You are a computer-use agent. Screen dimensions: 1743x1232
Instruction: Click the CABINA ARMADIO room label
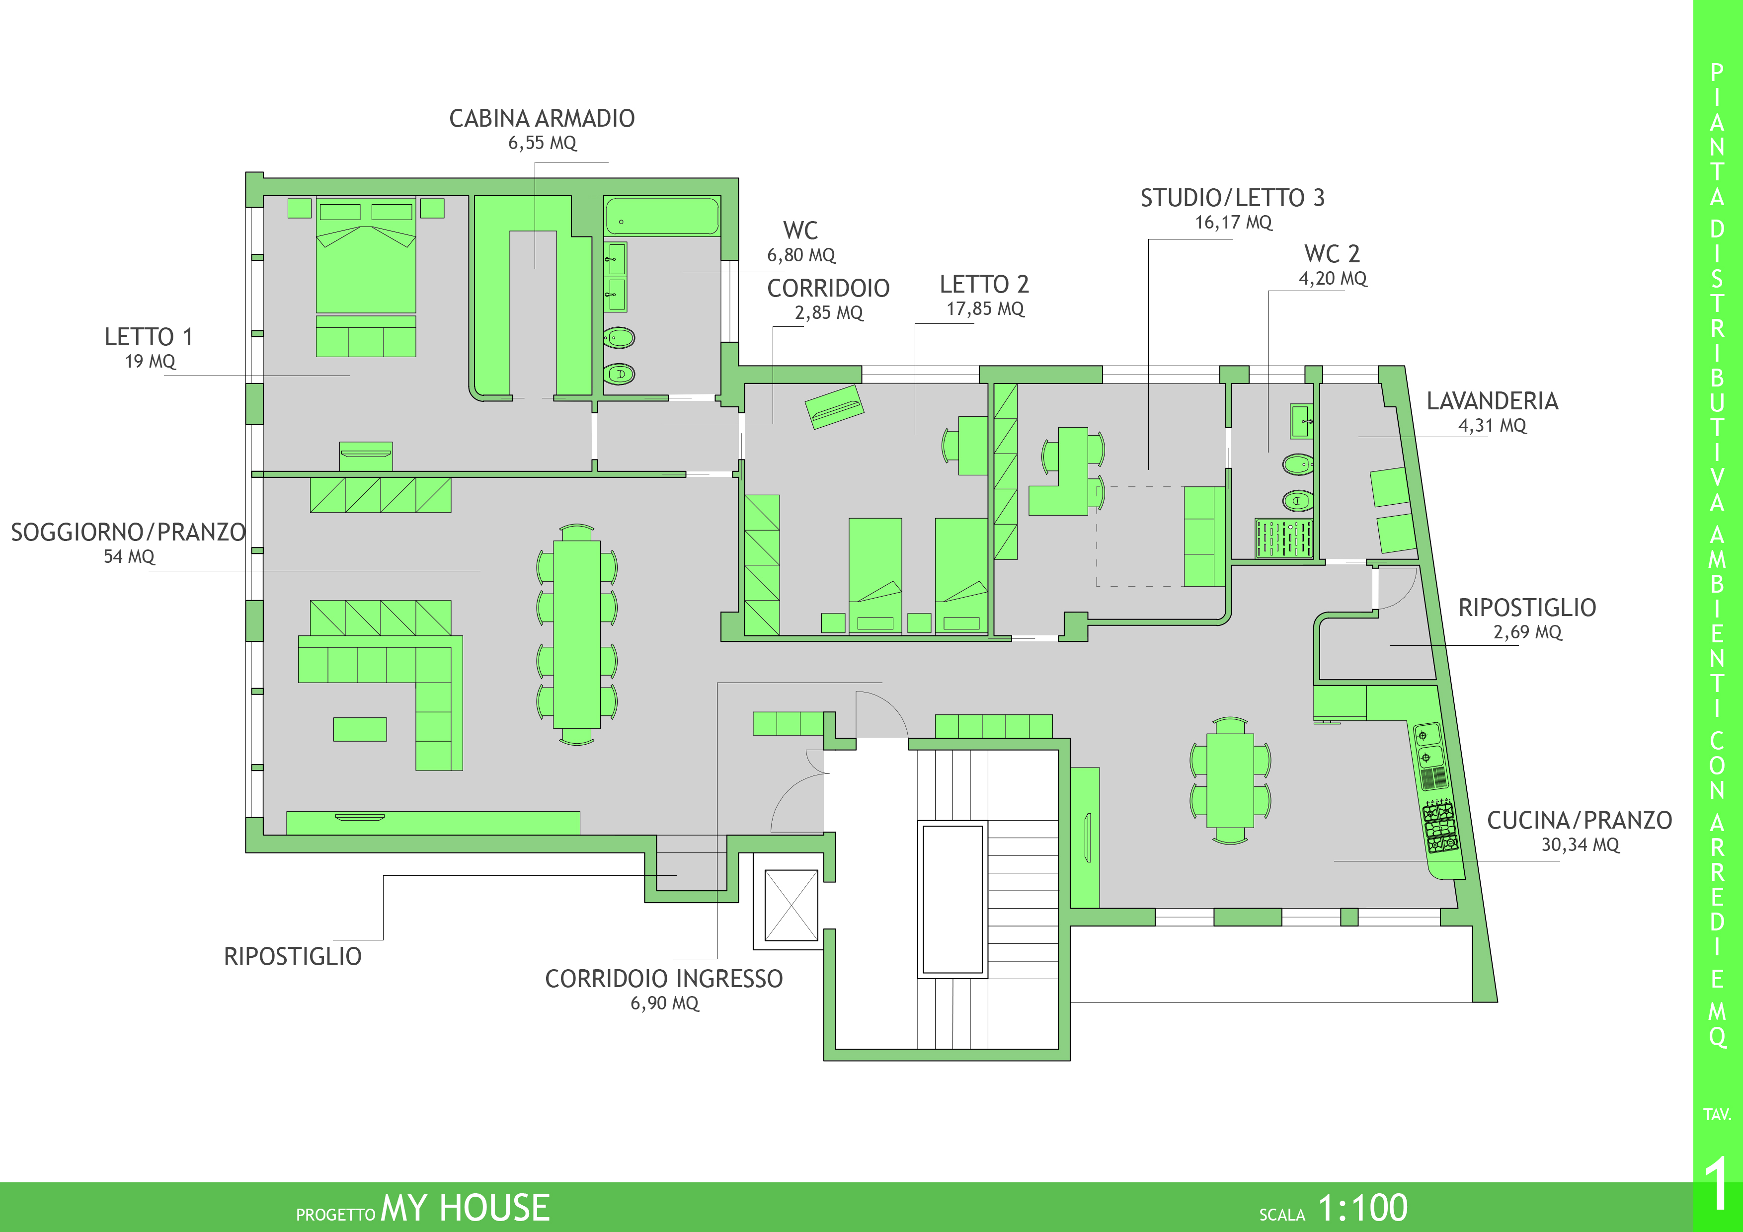(542, 118)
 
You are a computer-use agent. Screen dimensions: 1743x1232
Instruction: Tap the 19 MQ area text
(151, 361)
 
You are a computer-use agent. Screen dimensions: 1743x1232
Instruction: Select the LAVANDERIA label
(1493, 401)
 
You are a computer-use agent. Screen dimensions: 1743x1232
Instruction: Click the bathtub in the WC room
(661, 216)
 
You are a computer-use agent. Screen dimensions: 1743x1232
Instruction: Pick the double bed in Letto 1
(366, 255)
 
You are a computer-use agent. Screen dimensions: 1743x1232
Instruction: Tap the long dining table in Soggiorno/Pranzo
(577, 634)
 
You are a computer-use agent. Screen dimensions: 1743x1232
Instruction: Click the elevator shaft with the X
(791, 905)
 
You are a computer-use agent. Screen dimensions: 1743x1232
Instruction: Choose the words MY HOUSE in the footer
(465, 1208)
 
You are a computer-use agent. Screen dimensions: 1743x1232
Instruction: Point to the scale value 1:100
(1363, 1207)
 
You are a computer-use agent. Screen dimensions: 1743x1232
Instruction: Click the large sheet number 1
(1717, 1184)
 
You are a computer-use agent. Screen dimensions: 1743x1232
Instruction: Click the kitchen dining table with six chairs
(1230, 779)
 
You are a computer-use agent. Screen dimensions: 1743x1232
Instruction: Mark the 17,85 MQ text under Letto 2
(985, 309)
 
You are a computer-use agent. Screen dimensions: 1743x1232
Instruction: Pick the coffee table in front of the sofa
(360, 729)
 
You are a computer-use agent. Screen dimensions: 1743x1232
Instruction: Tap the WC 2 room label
(1332, 253)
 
